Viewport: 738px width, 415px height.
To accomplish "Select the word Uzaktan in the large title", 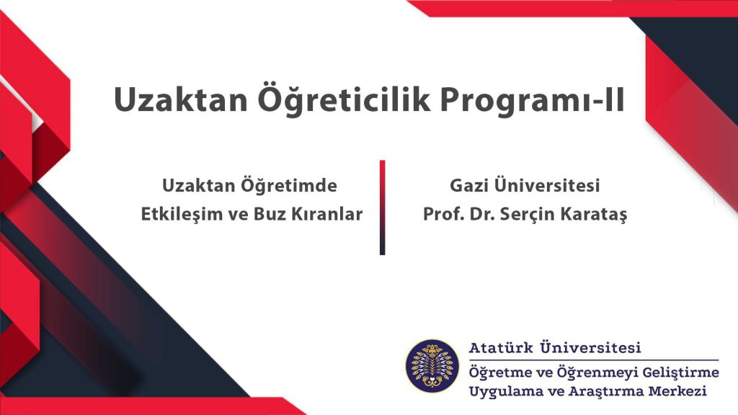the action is point(181,100).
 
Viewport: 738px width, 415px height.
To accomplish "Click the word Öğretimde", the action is point(289,185).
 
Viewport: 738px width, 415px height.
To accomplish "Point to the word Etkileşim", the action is point(181,214).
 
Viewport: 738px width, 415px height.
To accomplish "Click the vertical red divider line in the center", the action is point(382,207).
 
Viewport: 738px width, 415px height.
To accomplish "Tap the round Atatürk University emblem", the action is point(432,366).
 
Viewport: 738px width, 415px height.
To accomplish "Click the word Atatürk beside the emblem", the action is point(502,348).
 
